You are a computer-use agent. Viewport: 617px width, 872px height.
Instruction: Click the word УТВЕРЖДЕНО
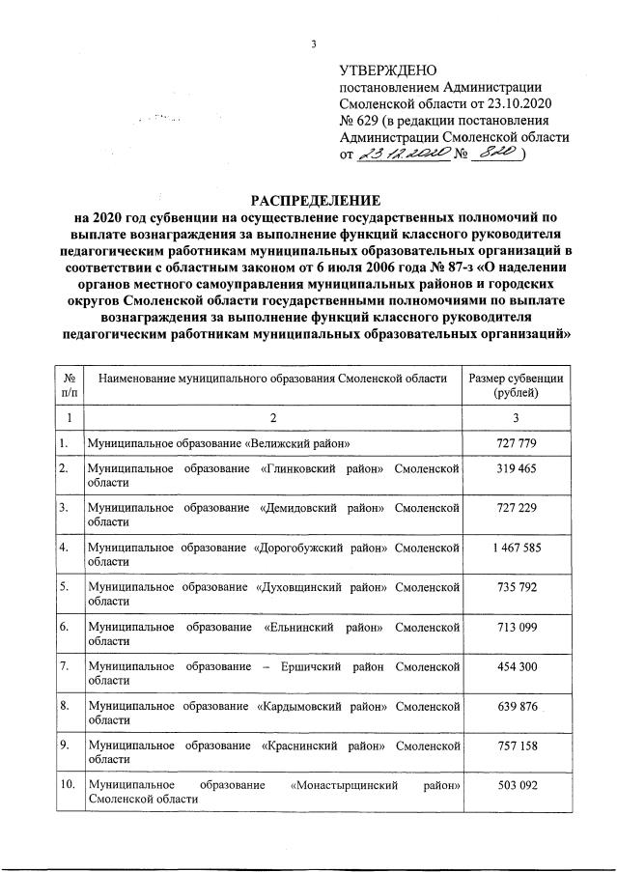[x=388, y=70]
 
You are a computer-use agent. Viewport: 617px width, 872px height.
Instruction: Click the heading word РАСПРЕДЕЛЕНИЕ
[x=309, y=200]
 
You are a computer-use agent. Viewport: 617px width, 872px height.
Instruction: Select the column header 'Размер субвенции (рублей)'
[x=516, y=385]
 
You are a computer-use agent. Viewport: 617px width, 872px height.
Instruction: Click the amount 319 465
[x=517, y=468]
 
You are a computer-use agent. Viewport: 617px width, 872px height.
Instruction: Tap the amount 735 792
[x=517, y=588]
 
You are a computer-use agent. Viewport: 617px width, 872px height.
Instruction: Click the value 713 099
[x=517, y=628]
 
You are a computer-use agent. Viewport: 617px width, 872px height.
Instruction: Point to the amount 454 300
[x=517, y=667]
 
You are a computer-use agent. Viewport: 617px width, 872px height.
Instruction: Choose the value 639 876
[x=517, y=706]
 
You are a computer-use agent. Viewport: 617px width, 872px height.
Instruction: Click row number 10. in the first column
[x=68, y=785]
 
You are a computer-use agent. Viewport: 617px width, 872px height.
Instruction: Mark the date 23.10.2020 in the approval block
[x=522, y=103]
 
